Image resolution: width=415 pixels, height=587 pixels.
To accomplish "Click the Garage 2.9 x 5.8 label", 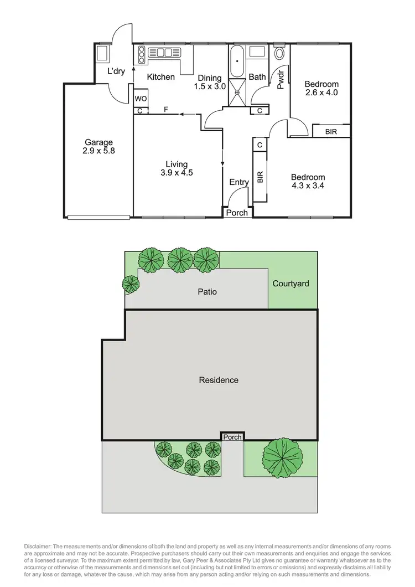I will point(98,146).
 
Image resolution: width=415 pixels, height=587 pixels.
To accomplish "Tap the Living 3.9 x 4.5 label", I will point(177,168).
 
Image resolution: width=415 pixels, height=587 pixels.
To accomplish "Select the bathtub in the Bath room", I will point(237,62).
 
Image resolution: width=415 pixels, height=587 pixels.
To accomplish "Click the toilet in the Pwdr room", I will point(279,53).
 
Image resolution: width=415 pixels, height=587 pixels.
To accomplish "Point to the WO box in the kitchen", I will point(140,99).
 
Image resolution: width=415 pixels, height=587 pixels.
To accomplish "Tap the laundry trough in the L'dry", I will point(102,53).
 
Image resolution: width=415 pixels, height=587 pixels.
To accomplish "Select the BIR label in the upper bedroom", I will point(331,132).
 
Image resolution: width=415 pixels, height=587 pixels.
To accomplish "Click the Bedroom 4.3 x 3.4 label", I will point(307,182).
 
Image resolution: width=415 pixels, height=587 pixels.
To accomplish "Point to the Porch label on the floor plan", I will point(238,212).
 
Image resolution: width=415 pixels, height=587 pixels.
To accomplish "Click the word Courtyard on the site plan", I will point(291,284).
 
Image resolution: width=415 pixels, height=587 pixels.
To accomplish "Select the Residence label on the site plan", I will point(219,380).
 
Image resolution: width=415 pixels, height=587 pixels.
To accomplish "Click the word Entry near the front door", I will point(239,182).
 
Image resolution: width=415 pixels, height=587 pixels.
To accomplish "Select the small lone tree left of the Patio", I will point(131,284).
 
